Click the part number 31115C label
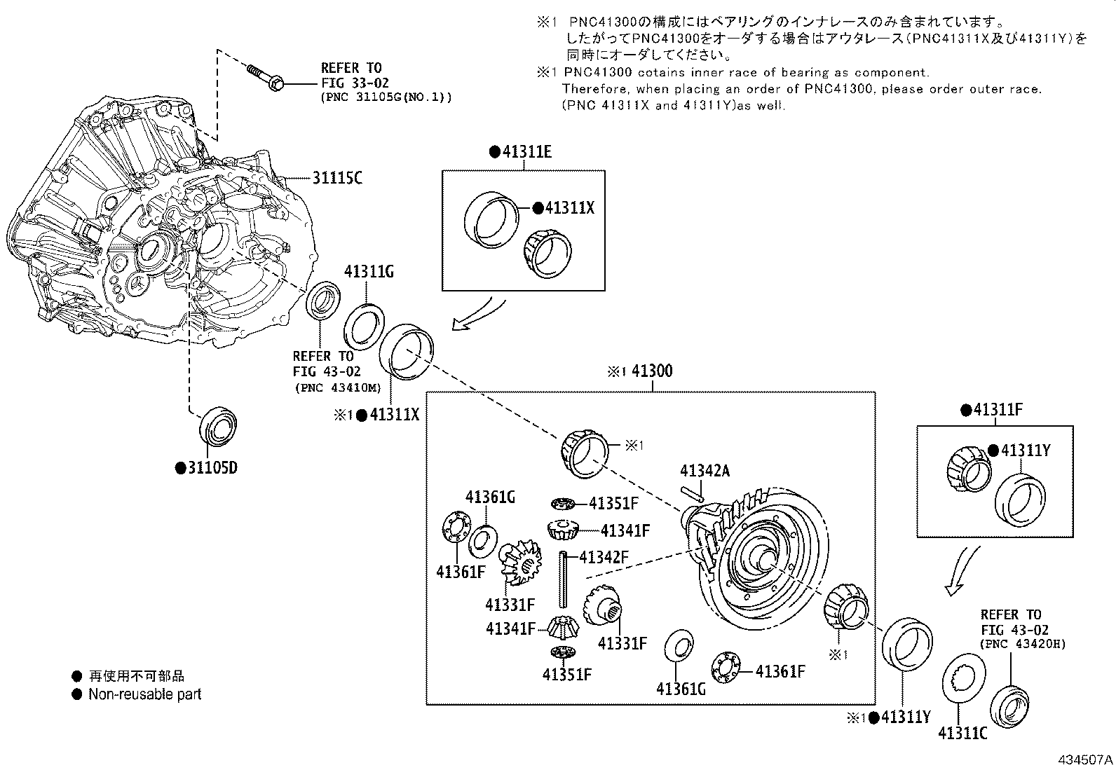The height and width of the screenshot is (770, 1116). [336, 178]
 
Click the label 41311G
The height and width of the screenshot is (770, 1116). [368, 272]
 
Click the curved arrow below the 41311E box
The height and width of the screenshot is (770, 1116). [479, 314]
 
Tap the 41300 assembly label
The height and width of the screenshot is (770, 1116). [651, 371]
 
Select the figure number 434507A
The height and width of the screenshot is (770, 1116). [1084, 759]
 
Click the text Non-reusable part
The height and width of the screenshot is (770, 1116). [144, 694]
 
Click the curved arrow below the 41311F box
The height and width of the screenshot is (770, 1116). [960, 571]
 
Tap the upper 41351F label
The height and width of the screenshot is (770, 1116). [613, 503]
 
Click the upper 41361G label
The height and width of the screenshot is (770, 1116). [490, 497]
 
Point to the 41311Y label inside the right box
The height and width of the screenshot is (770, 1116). [1024, 450]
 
